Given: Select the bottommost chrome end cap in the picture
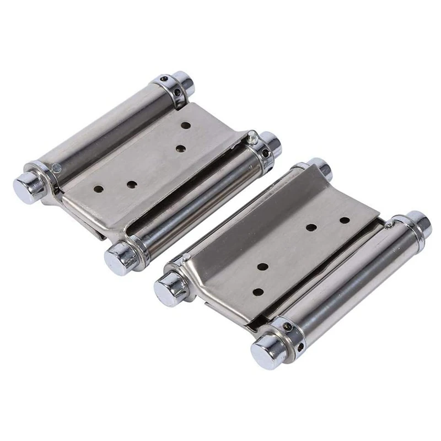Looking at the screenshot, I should tap(266, 349).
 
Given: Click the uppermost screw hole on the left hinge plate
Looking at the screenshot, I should tap(186, 126).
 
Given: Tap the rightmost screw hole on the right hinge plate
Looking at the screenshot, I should tap(345, 220).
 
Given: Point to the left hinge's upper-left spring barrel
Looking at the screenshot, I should tap(105, 132).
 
